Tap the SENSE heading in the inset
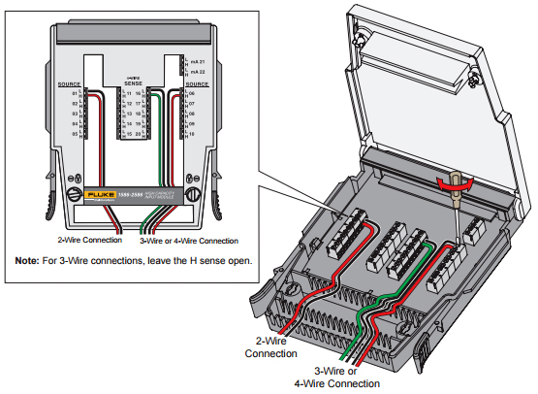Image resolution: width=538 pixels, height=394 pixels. (x=133, y=84)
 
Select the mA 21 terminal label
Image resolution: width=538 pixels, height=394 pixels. (x=197, y=61)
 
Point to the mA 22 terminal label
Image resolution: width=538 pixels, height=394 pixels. (x=197, y=72)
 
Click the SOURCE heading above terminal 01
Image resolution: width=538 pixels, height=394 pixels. (x=69, y=84)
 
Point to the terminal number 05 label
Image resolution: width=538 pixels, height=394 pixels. (x=74, y=135)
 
